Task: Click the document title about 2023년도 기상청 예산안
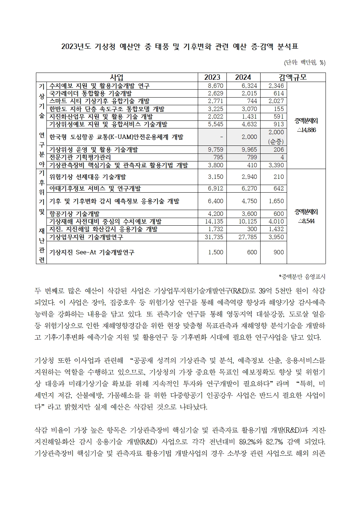click(180, 47)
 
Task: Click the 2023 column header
click(212, 77)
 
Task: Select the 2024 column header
click(243, 77)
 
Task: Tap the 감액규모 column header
click(293, 77)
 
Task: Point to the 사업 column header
click(116, 77)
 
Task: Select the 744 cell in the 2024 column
click(252, 101)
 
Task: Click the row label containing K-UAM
click(116, 137)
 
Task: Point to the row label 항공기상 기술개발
click(74, 214)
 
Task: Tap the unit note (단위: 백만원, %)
click(304, 63)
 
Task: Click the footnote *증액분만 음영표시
click(302, 277)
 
